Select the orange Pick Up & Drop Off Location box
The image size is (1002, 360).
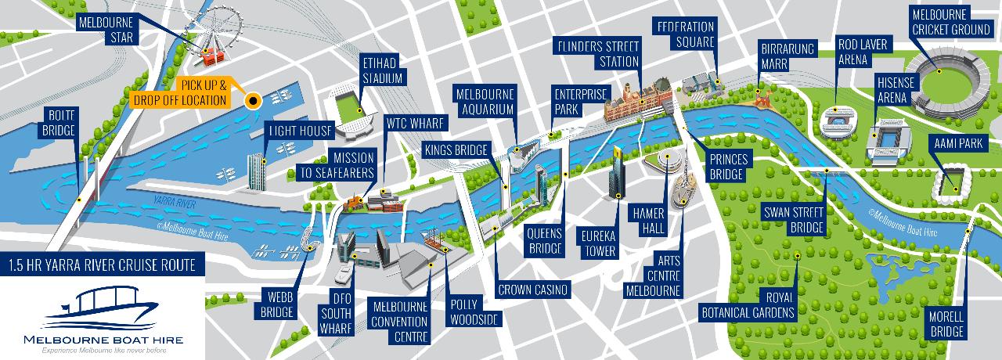point(181,92)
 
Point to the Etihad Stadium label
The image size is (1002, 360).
point(382,70)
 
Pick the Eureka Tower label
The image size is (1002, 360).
point(598,243)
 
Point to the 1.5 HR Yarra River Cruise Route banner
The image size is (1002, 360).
point(103,265)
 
